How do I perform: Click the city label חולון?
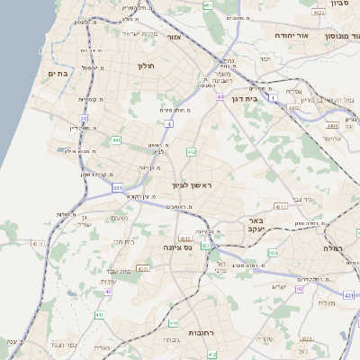point(148,66)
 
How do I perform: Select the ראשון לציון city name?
point(195,184)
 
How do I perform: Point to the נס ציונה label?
point(177,246)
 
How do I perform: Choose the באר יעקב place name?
point(256,224)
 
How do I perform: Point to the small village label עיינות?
point(118,282)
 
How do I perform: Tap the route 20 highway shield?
point(85,117)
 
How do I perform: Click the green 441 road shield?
point(116,140)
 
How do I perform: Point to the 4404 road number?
point(333,125)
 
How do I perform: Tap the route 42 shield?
point(109,292)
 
